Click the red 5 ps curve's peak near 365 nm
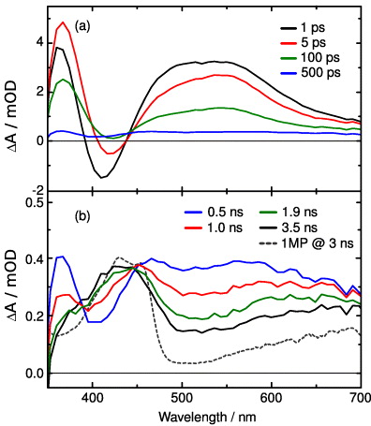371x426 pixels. [x=63, y=22]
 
